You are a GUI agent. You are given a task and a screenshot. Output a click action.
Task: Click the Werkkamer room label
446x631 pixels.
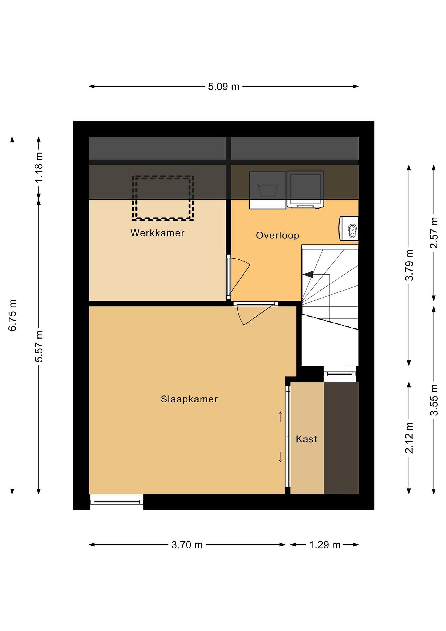(157, 233)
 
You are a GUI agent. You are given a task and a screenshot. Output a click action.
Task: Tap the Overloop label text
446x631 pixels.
(277, 236)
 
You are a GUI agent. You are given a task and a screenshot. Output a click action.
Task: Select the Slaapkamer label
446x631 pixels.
(189, 399)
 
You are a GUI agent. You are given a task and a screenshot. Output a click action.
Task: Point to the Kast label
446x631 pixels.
(307, 439)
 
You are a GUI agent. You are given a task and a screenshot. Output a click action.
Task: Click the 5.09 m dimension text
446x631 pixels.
(224, 87)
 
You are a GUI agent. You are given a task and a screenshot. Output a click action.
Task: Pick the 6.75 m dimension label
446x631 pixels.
(12, 315)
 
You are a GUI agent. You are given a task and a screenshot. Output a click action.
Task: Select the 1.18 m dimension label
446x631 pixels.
(39, 167)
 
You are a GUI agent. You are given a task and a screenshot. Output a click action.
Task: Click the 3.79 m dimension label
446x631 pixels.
(409, 265)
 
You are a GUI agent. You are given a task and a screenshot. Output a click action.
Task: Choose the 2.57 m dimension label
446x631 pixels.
(434, 233)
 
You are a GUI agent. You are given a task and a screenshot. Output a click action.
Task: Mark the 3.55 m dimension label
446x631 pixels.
(434, 400)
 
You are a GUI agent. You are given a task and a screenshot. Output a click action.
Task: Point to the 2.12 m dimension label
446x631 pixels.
(409, 438)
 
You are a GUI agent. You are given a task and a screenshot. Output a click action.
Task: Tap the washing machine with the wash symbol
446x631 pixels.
(268, 190)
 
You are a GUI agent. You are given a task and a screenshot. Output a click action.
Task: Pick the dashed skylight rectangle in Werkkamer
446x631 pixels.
(163, 198)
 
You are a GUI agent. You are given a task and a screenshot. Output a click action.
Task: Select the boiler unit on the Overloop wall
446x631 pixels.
(349, 228)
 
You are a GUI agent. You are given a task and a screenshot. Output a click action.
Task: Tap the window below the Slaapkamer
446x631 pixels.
(117, 502)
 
